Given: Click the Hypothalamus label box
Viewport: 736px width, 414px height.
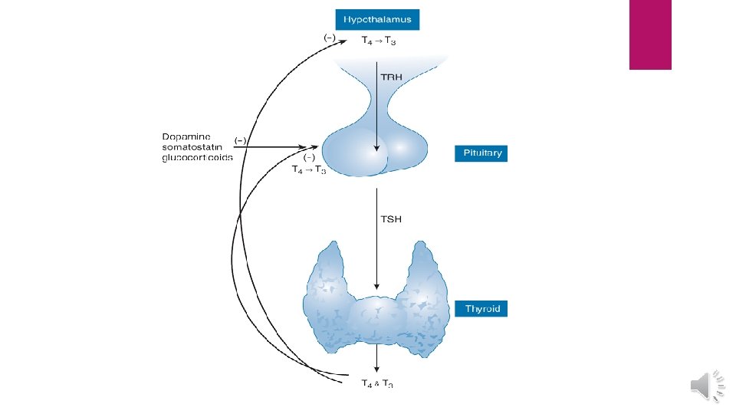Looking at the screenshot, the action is pyautogui.click(x=376, y=19).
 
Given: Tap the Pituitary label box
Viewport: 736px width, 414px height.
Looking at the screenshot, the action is pyautogui.click(x=481, y=153).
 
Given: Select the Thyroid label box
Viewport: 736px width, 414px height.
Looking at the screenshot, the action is pyautogui.click(x=481, y=309).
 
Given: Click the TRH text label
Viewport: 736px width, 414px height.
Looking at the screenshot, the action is pyautogui.click(x=392, y=77).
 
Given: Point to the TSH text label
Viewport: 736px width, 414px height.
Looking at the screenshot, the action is pyautogui.click(x=392, y=219).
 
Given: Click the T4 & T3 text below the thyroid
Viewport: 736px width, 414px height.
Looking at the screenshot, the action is pyautogui.click(x=378, y=383).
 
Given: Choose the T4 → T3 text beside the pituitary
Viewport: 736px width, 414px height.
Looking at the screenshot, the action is pyautogui.click(x=310, y=170).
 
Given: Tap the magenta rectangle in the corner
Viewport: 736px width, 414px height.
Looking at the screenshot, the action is pyautogui.click(x=650, y=34).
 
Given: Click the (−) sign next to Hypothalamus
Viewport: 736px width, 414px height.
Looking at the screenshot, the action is pyautogui.click(x=328, y=36).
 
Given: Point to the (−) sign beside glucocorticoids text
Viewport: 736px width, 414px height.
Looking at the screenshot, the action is pyautogui.click(x=240, y=140).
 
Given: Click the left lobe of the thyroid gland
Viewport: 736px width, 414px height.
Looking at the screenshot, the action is pyautogui.click(x=327, y=299).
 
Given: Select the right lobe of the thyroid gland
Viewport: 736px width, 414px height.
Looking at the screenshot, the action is pyautogui.click(x=424, y=299).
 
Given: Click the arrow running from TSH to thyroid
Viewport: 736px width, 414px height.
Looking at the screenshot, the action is pyautogui.click(x=376, y=245).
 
